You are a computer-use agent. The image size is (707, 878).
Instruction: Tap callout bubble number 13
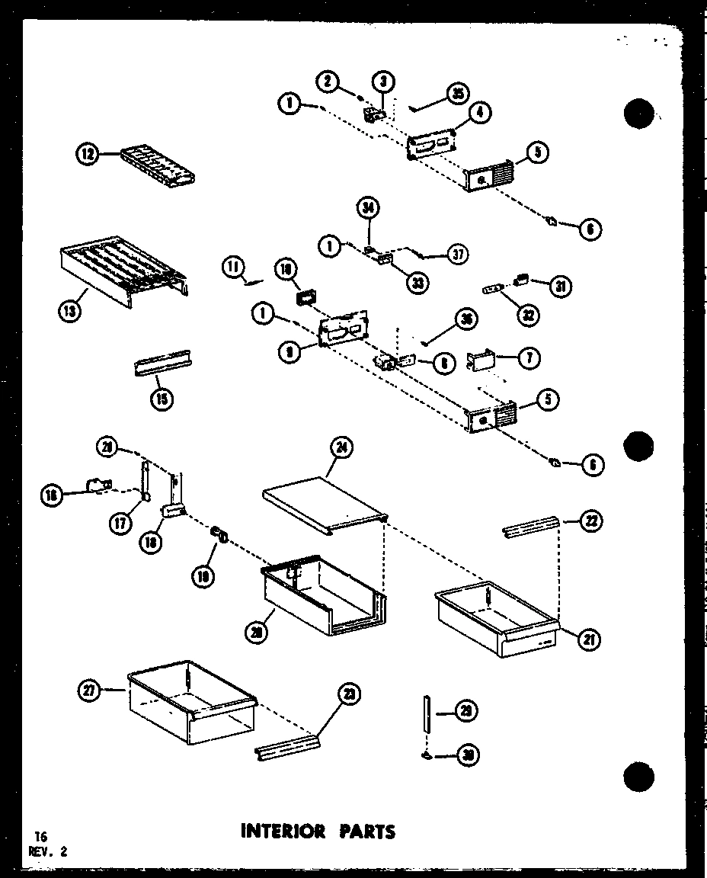(x=69, y=310)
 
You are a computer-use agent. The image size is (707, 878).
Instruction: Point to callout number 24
(x=342, y=449)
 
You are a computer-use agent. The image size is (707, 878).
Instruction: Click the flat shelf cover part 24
(x=324, y=503)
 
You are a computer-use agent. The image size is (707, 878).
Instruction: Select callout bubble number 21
(x=588, y=639)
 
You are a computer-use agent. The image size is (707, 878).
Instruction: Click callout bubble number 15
(x=162, y=398)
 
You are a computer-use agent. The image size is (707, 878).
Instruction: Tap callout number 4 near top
(x=480, y=114)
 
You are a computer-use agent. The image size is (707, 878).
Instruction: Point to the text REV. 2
(x=47, y=852)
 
